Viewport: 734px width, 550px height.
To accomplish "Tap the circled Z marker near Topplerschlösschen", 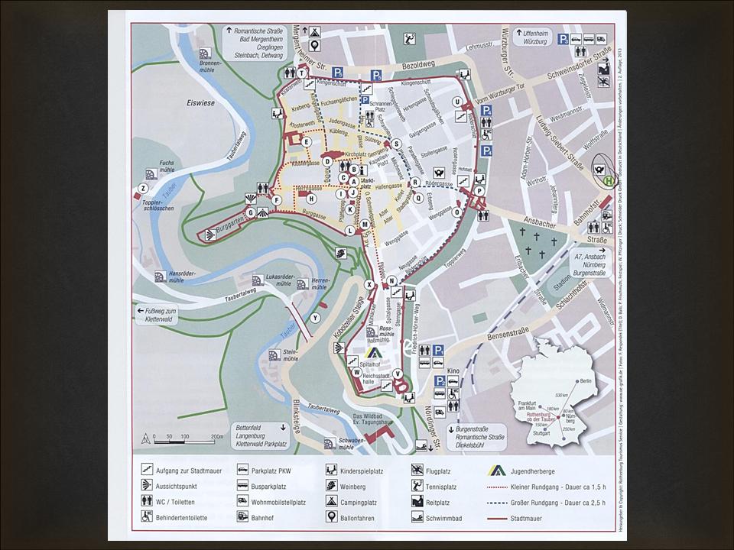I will point(142,188).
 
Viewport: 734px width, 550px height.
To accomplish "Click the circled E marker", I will point(307,141).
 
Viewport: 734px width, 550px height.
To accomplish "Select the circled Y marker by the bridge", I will point(315,317).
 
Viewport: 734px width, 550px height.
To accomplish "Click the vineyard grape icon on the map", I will point(339,251).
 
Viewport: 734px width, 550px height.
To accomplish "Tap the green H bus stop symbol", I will point(608,180).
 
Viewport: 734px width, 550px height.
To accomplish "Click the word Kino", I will point(454,370).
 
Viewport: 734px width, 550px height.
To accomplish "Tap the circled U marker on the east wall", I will point(456,102).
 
